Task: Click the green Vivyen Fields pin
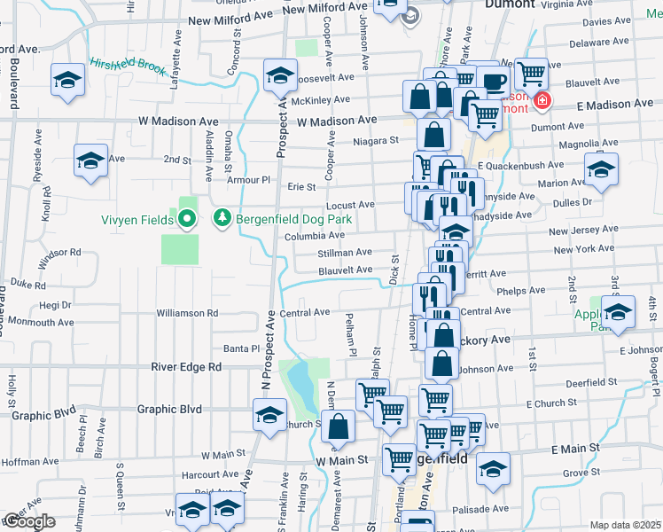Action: [187, 218]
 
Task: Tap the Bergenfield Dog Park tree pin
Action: [222, 218]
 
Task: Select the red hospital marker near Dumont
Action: [542, 103]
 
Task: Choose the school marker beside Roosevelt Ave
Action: [280, 77]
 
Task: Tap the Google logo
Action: [29, 521]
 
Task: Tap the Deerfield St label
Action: [586, 381]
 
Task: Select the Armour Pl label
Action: [239, 180]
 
